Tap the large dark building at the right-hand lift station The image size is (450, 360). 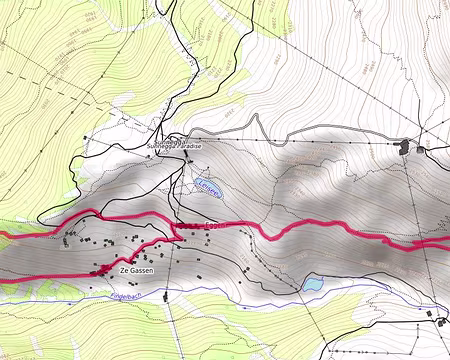pos(405,146)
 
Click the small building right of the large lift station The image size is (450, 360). pos(422,149)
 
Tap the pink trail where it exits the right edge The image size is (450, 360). pos(446,242)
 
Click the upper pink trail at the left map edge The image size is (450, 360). pos(3,232)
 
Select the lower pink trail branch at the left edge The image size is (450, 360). pos(3,281)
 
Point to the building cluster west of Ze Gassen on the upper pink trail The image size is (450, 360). pos(70,236)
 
